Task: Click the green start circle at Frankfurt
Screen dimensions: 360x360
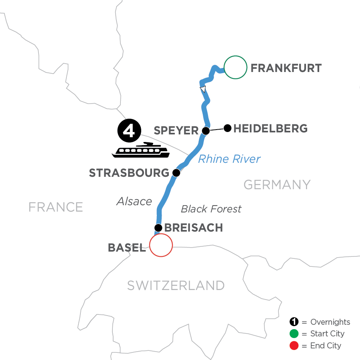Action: [235, 68]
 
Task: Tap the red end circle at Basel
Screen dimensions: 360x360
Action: [161, 245]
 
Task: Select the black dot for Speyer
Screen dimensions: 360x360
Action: [206, 131]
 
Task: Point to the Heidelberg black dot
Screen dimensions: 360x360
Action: [227, 128]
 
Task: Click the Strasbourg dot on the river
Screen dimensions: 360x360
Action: [176, 173]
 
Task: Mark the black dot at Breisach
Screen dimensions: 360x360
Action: [158, 228]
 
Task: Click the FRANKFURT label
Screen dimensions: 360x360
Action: [286, 68]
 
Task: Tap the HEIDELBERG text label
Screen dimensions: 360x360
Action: [270, 128]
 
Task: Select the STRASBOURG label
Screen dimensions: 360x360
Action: [129, 173]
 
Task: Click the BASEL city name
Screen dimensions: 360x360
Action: [126, 248]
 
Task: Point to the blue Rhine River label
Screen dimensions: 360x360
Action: [229, 159]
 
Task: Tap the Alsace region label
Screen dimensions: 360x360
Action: [134, 201]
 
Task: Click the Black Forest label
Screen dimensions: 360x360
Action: [211, 209]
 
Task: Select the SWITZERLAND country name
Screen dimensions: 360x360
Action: [176, 286]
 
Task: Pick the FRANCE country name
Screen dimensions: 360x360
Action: [56, 207]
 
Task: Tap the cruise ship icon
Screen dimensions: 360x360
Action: [140, 150]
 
